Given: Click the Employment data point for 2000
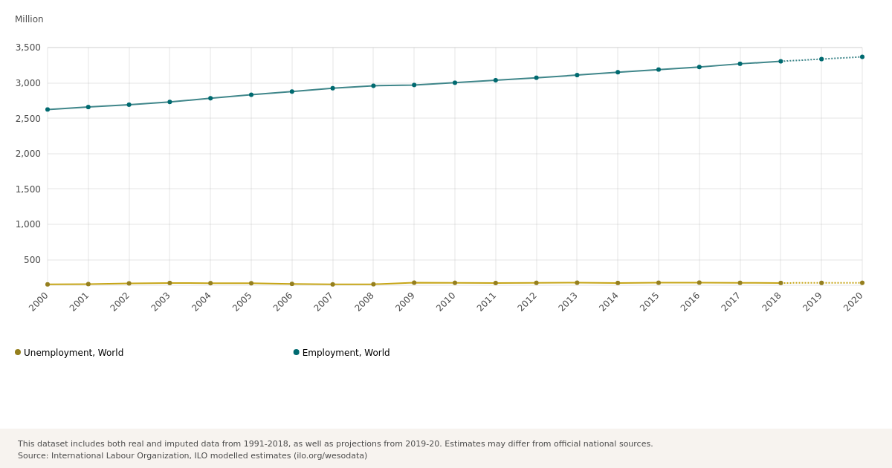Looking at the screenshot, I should pos(48,109).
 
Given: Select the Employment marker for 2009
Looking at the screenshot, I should pos(414,85).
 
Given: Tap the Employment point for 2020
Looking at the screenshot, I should pos(862,56).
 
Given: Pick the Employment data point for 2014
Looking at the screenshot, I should pos(618,72).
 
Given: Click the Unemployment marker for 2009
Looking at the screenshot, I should pos(414,283).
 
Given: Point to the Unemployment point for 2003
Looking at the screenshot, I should pos(169,283).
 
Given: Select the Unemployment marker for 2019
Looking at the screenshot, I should pos(821,283).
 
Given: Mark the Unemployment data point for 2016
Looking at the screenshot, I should pos(699,283).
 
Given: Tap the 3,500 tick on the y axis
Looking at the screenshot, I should pos(28,48).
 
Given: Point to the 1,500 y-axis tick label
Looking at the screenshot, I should pos(28,189).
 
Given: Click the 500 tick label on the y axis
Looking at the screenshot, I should pos(32,260).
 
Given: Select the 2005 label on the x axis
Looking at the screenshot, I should pos(242,302).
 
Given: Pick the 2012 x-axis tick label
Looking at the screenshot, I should pos(528,302).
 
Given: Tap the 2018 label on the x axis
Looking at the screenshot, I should pos(772,302).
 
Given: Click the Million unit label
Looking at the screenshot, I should pos(29,19).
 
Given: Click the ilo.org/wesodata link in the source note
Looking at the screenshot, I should pos(330,456).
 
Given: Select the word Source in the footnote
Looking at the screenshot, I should pos(33,456).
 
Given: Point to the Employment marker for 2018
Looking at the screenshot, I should pos(780,62).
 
